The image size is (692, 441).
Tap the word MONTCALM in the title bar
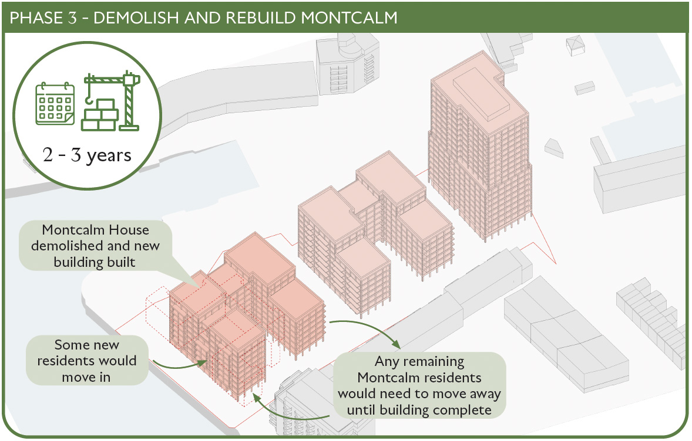(349, 18)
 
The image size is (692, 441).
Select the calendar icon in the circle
(55, 104)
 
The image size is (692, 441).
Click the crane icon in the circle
(111, 101)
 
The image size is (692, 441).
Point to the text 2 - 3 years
(87, 155)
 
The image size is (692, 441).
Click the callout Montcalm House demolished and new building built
(95, 245)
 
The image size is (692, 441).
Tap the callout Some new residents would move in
(87, 361)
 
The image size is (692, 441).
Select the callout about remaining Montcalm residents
(419, 385)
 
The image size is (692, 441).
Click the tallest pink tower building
(480, 145)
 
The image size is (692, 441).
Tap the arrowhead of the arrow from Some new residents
(203, 362)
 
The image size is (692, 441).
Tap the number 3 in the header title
(72, 18)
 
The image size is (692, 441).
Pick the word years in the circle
(109, 156)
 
